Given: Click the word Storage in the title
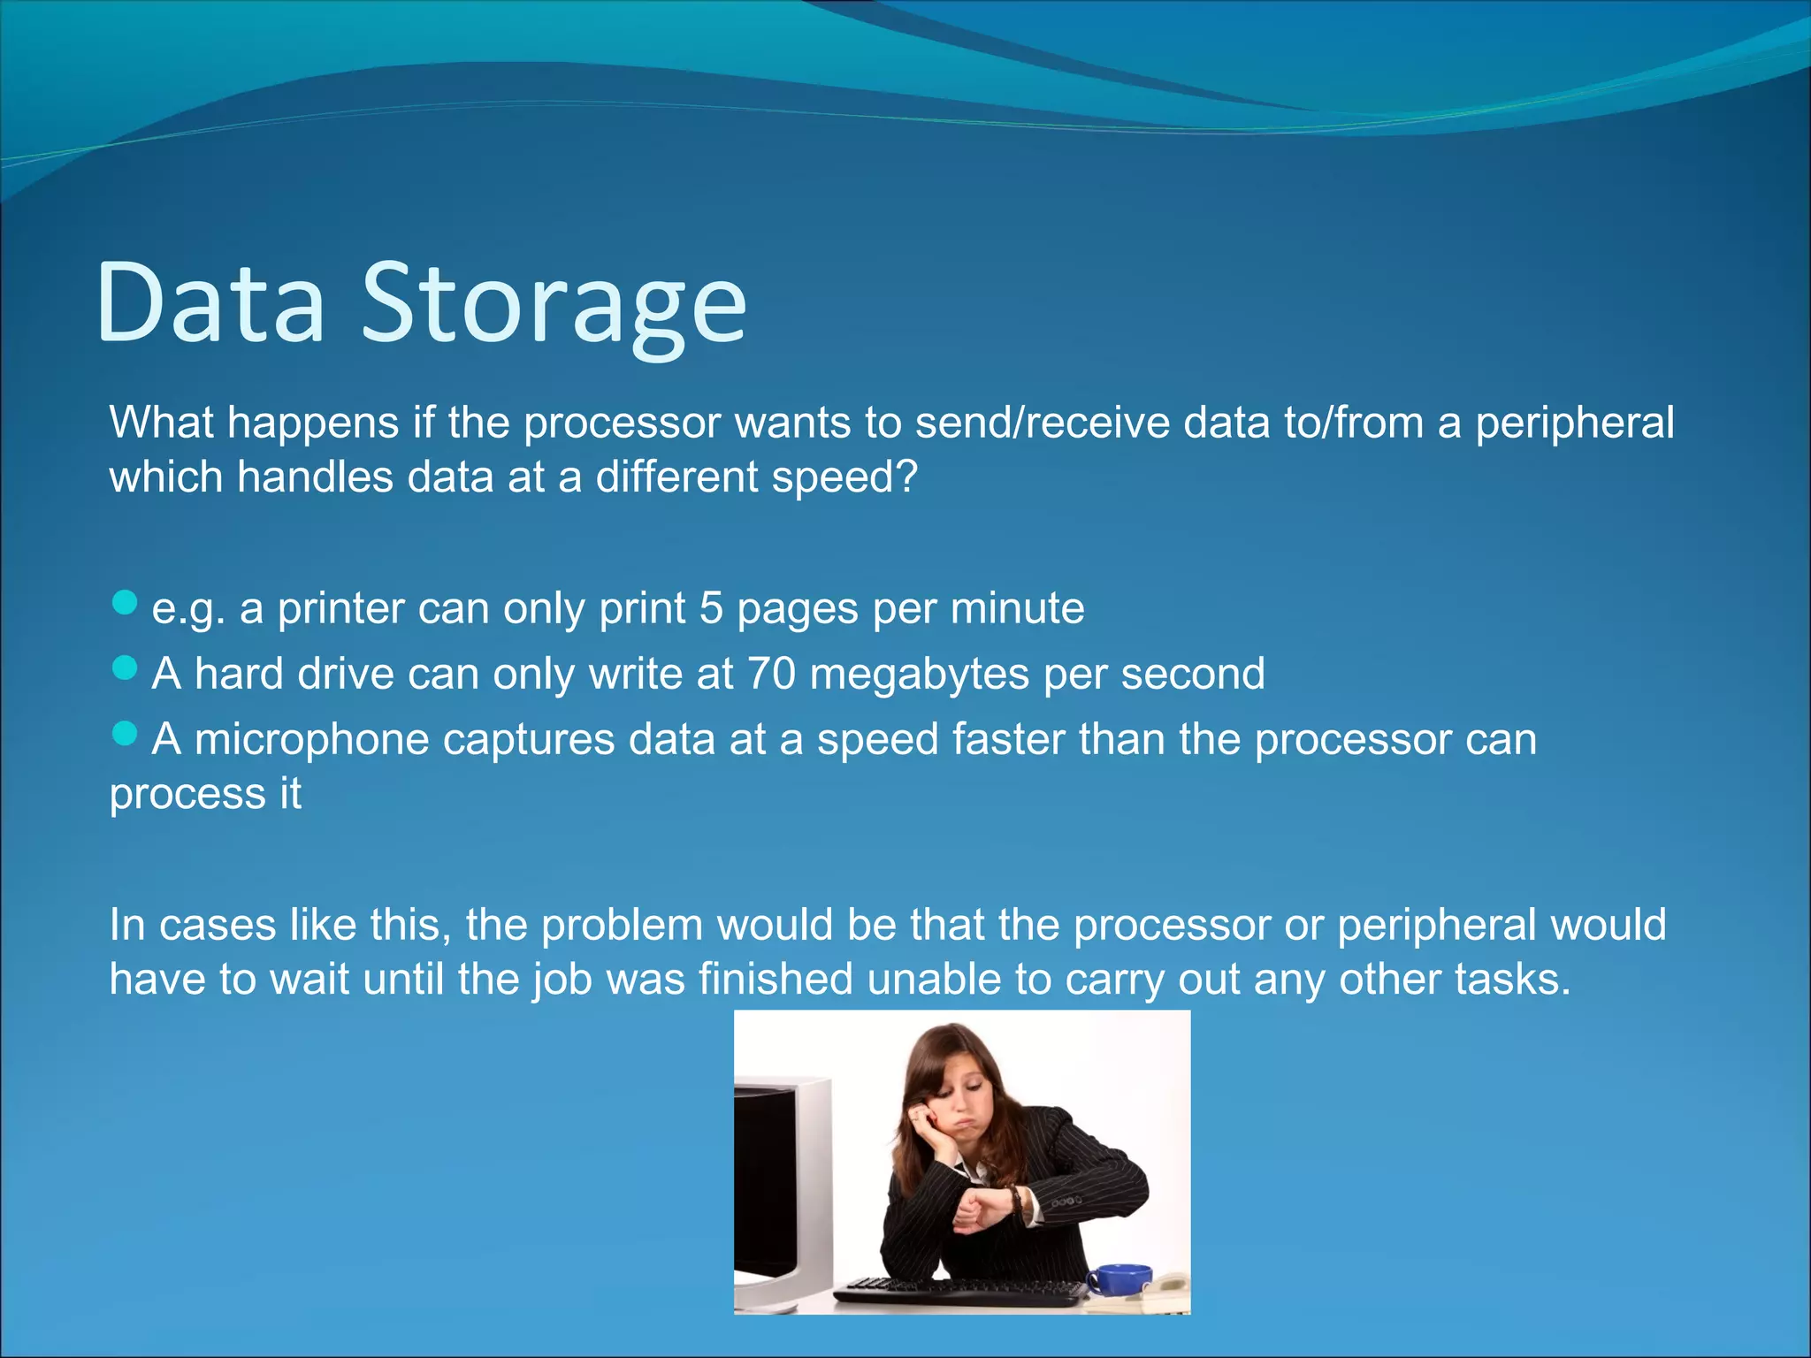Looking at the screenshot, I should click(x=554, y=303).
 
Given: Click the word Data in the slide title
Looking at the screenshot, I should click(x=210, y=303).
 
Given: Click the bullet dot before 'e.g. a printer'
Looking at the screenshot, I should click(x=126, y=603).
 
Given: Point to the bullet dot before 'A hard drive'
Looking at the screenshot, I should click(x=126, y=668).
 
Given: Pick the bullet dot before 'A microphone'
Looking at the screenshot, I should click(x=126, y=734).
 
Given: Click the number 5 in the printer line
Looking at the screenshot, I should click(x=712, y=608).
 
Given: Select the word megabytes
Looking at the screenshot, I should click(x=919, y=675).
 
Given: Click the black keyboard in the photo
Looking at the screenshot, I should click(x=960, y=1293).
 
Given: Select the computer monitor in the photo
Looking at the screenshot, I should click(x=778, y=1185).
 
